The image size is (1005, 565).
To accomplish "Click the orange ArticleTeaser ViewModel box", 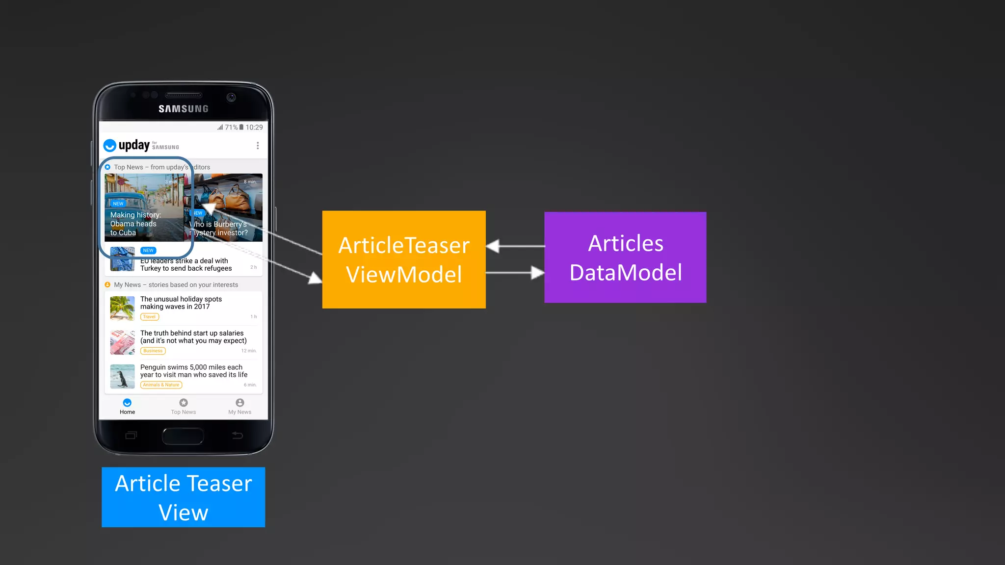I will tap(404, 259).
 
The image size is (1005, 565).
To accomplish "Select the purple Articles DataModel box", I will tap(625, 257).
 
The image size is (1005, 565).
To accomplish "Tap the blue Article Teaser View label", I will tap(183, 497).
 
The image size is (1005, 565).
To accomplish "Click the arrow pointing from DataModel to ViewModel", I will tap(515, 246).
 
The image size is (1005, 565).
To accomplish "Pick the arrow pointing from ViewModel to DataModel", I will tap(515, 273).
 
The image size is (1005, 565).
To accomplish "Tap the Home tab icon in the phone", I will tap(127, 403).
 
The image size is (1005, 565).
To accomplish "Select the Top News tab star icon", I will tap(184, 403).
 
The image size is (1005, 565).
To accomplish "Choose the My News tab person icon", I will tap(239, 403).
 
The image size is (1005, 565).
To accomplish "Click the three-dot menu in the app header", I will tap(258, 146).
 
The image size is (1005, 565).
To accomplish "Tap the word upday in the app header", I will tap(134, 145).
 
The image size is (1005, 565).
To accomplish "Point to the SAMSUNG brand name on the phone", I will tap(184, 109).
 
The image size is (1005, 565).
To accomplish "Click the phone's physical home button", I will tap(183, 436).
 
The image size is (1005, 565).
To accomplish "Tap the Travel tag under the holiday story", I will tap(150, 317).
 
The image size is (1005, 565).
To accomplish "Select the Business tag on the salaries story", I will tap(153, 351).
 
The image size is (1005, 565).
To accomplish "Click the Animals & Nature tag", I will tap(161, 385).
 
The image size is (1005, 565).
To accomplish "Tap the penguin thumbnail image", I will tap(122, 376).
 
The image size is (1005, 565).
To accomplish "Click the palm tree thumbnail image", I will tap(122, 308).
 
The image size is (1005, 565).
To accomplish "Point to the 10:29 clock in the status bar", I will tap(254, 128).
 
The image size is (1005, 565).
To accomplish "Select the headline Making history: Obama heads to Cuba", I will tap(135, 224).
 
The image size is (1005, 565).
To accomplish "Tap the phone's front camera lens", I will tap(231, 97).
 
